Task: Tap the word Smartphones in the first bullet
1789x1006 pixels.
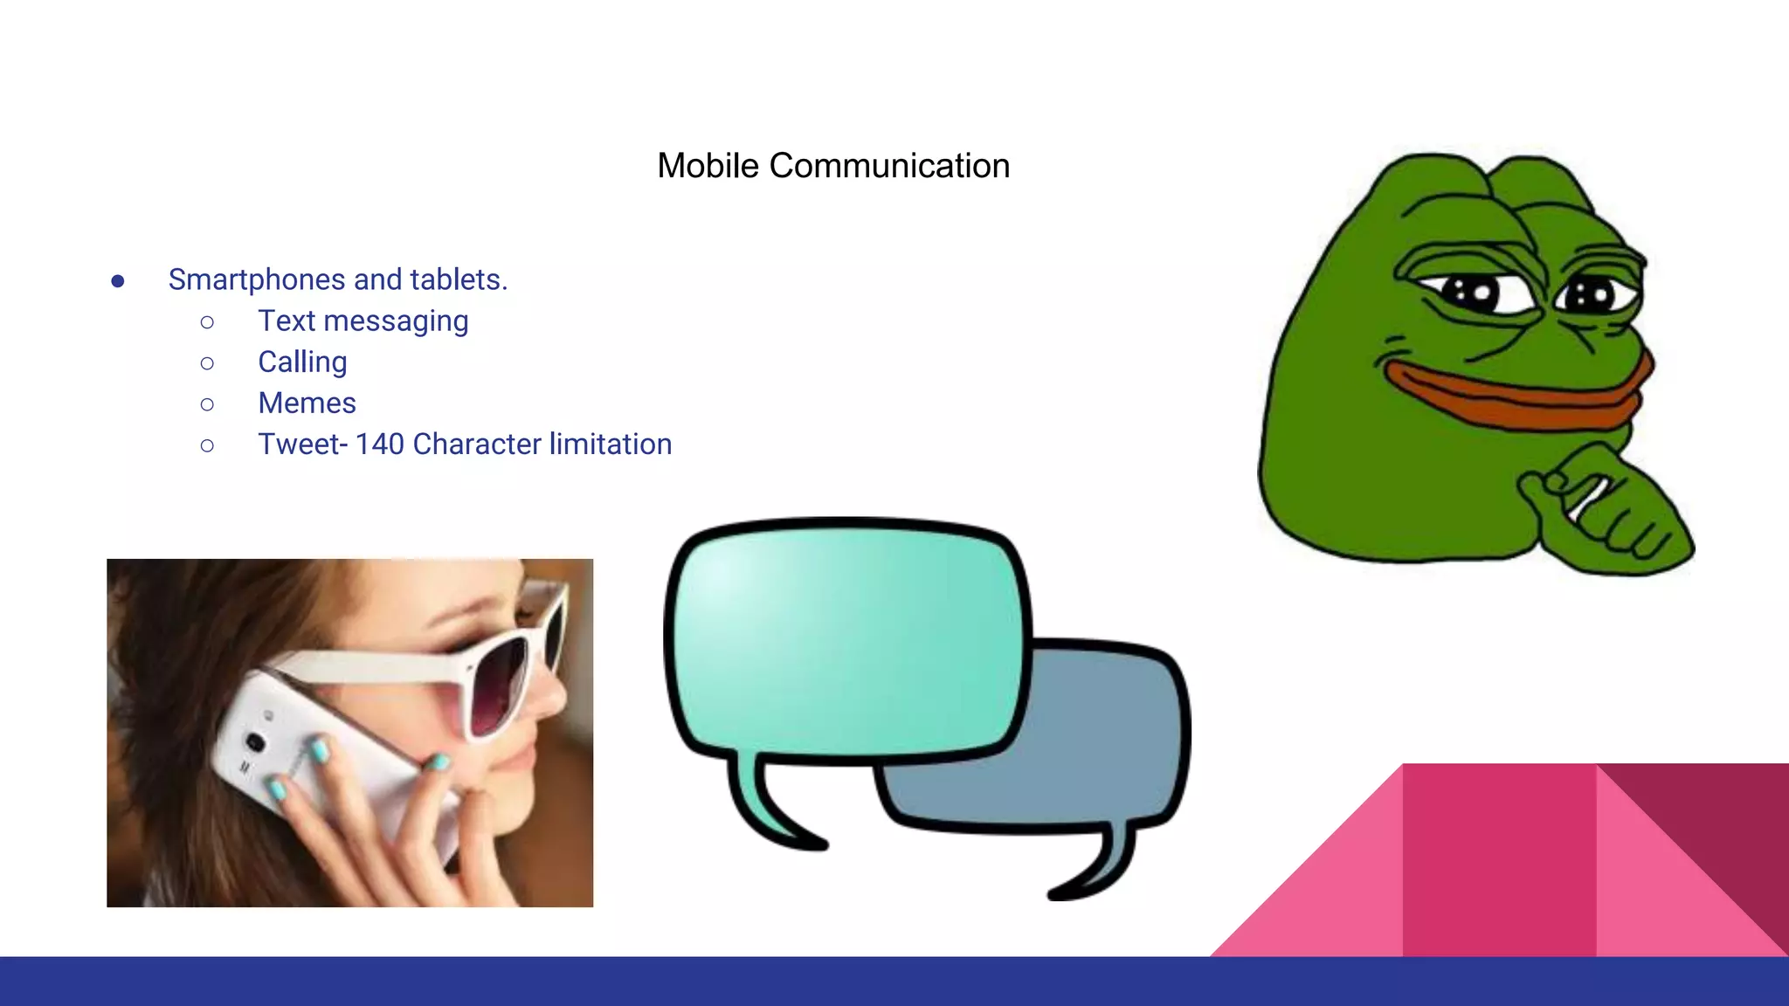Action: pos(257,280)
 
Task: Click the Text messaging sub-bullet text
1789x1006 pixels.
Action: pos(363,321)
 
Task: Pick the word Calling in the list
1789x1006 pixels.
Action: pos(302,362)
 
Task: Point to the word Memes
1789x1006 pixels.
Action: pos(307,403)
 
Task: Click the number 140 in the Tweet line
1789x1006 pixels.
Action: pos(379,444)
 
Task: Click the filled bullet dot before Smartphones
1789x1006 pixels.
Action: pos(118,281)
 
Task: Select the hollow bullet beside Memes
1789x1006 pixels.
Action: pos(207,404)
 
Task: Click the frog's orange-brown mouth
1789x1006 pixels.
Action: pos(1520,397)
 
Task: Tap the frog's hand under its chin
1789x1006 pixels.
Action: pos(1607,515)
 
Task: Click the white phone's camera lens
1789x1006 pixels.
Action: pos(255,742)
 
